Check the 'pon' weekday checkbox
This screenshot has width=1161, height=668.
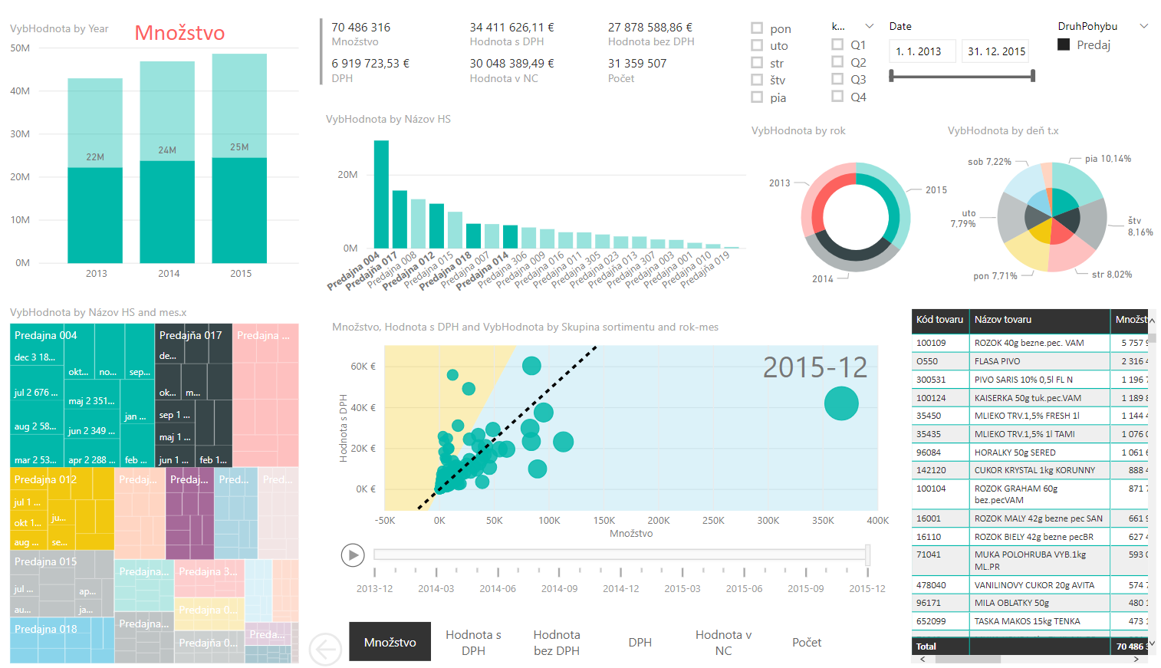pos(757,28)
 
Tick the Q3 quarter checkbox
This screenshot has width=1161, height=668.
pos(837,79)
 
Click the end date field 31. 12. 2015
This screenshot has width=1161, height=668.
pos(995,51)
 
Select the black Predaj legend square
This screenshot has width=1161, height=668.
pos(1064,44)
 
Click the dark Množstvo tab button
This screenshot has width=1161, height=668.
pos(390,642)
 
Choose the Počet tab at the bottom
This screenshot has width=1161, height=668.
pos(806,642)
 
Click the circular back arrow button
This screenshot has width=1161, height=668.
pos(325,650)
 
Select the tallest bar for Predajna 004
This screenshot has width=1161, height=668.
pos(381,194)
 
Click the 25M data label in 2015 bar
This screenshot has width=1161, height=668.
pos(239,147)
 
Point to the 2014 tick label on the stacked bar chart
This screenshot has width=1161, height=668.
pos(169,274)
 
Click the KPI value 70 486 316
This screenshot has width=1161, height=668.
pos(360,28)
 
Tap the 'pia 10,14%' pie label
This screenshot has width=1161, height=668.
pos(1107,159)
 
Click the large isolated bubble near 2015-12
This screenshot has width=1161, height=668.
pos(840,403)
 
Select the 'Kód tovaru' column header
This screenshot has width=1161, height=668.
pos(939,320)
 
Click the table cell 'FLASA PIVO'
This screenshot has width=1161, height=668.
pos(997,361)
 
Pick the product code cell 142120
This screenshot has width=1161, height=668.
pos(931,470)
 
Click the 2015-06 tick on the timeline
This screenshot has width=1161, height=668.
pos(744,588)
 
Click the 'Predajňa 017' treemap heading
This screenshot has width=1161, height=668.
pos(190,335)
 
